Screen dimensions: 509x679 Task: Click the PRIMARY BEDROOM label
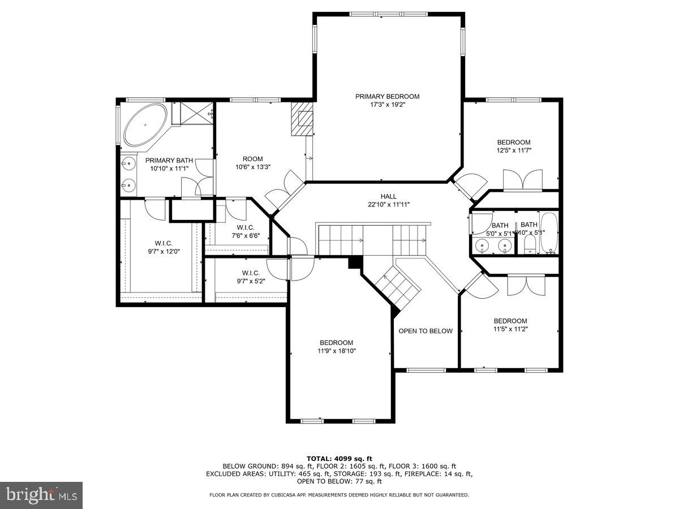pyautogui.click(x=387, y=97)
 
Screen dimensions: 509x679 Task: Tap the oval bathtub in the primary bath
pyautogui.click(x=145, y=125)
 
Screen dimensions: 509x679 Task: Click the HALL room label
pyautogui.click(x=388, y=196)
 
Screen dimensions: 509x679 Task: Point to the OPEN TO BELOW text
pyautogui.click(x=426, y=331)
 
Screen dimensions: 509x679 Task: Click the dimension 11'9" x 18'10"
pyautogui.click(x=336, y=351)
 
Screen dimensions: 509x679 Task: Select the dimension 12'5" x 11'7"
pyautogui.click(x=514, y=150)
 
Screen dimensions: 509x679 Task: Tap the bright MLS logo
pyautogui.click(x=41, y=495)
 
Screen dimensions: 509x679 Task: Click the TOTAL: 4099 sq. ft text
pyautogui.click(x=339, y=458)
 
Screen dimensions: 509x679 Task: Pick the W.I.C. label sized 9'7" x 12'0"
pyautogui.click(x=163, y=243)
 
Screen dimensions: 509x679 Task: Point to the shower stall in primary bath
pyautogui.click(x=192, y=113)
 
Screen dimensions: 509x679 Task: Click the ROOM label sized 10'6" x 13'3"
pyautogui.click(x=252, y=159)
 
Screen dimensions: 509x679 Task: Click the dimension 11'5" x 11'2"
pyautogui.click(x=510, y=321)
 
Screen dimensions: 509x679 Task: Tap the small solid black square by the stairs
pyautogui.click(x=355, y=262)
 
